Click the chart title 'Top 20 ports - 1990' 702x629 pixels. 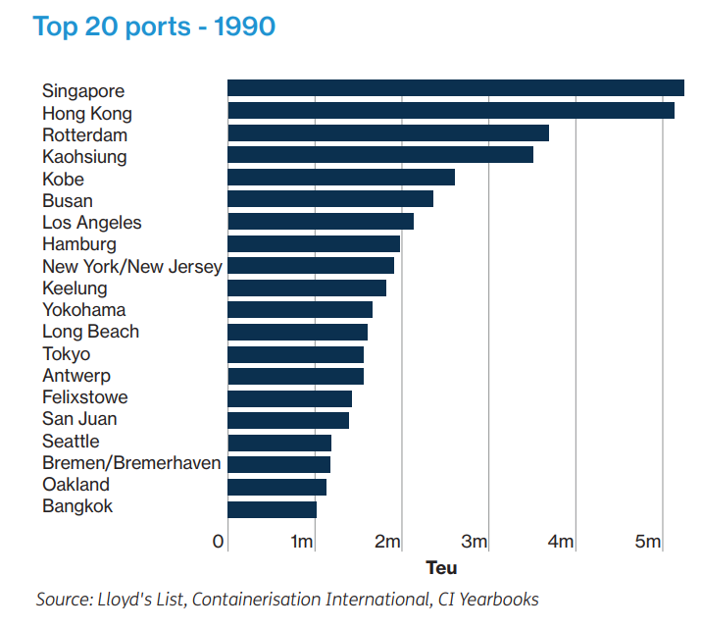[154, 26]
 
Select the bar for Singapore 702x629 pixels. [455, 89]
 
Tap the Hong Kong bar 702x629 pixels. [450, 112]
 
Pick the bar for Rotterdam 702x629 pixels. [387, 133]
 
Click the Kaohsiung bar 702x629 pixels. [379, 155]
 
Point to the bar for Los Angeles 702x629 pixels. [320, 222]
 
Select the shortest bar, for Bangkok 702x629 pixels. [272, 508]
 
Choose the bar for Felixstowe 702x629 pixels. [289, 398]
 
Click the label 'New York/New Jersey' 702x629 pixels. [132, 267]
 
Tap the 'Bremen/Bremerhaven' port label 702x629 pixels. [131, 463]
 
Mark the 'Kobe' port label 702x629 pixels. [63, 180]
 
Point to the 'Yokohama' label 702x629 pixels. [83, 310]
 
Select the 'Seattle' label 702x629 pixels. [71, 442]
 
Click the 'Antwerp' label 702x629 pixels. [76, 376]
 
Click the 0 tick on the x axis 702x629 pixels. [219, 542]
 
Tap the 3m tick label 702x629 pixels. [475, 542]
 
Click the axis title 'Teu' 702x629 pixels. [441, 568]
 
